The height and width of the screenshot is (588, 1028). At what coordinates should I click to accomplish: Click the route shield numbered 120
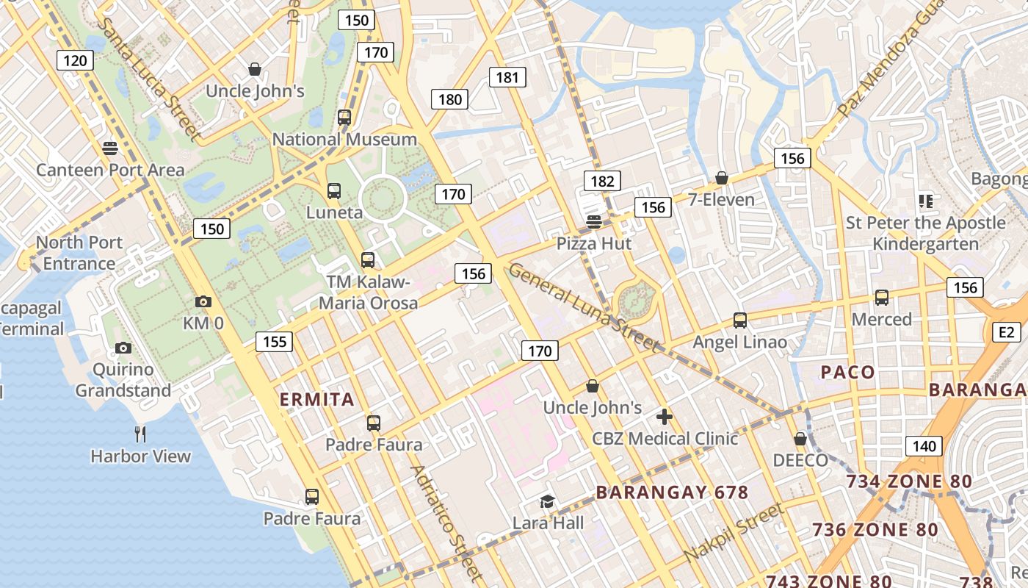(75, 60)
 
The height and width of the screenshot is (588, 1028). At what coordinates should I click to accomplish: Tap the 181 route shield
(507, 77)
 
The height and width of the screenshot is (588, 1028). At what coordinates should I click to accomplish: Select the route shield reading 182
(602, 181)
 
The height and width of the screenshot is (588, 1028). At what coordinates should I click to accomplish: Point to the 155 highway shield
(275, 341)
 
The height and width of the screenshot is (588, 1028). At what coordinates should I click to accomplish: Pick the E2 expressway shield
(1006, 333)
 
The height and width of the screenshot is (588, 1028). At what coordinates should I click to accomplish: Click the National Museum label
(344, 139)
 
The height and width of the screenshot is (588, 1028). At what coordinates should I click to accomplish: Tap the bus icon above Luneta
(334, 191)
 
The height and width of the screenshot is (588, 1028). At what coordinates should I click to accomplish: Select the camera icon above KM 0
(203, 301)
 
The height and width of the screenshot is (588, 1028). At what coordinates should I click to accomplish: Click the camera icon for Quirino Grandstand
(123, 348)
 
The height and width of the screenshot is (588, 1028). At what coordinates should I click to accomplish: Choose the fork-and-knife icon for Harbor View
(140, 434)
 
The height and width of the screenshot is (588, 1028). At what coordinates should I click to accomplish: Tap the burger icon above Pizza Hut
(593, 221)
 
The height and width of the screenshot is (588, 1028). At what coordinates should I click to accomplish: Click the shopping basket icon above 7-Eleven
(722, 178)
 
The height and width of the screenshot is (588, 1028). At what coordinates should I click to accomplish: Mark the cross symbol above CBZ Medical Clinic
(665, 417)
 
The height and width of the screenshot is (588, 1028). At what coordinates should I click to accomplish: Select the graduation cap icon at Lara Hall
(547, 501)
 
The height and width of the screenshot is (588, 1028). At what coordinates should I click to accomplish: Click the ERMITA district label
(317, 400)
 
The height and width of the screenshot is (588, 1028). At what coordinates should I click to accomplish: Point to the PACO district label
(848, 372)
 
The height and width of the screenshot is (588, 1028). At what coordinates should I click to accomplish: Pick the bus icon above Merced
(882, 298)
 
